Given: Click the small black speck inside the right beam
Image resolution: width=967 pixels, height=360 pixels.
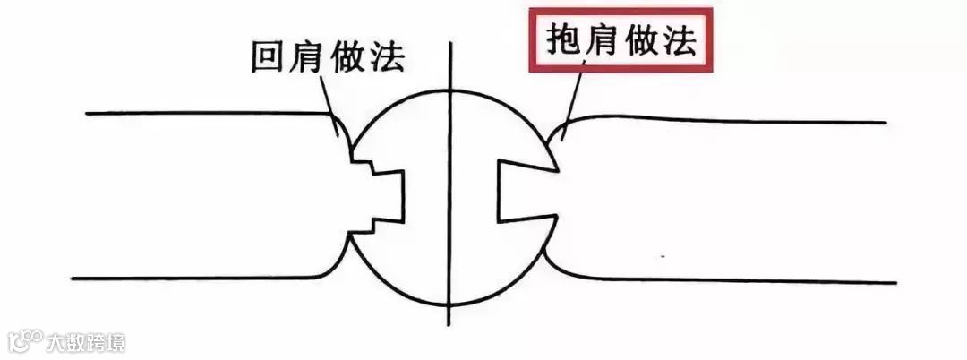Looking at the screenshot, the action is click(x=663, y=257).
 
